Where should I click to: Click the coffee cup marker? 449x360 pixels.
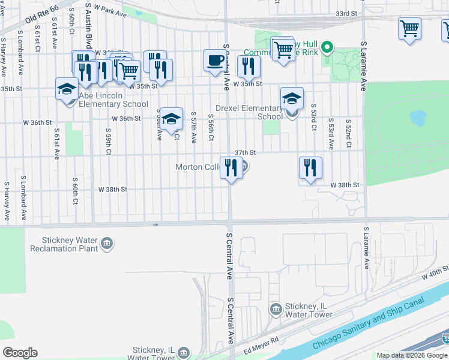point(215,61)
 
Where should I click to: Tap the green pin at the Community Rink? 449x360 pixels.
point(327,46)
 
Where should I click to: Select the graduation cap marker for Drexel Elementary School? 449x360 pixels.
point(292,98)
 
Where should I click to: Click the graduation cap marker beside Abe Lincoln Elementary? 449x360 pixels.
point(67,89)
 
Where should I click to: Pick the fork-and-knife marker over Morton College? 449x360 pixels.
point(231,168)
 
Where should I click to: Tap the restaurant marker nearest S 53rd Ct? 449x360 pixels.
point(310,168)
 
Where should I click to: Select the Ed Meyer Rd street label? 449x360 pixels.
point(262,348)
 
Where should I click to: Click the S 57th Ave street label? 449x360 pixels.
point(193,127)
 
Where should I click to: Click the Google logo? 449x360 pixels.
point(20,353)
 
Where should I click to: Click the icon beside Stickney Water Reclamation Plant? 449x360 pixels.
point(107,243)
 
